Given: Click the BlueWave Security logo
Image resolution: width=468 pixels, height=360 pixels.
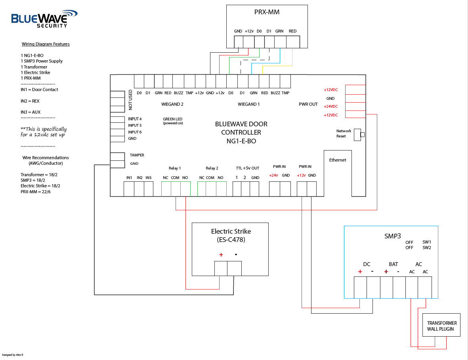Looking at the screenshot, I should (x=44, y=19).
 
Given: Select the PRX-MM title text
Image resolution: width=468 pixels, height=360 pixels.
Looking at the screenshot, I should (x=267, y=12).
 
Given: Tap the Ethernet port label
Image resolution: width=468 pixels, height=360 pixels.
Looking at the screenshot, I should (x=338, y=160).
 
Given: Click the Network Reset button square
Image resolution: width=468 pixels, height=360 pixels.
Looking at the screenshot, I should (x=362, y=135).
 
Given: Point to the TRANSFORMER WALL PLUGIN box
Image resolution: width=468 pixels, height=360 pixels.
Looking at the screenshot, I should (x=441, y=326).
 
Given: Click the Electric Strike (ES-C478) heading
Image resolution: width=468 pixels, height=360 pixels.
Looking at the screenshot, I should (x=231, y=235).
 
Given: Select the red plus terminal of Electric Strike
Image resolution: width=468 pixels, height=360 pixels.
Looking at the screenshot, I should (x=221, y=255).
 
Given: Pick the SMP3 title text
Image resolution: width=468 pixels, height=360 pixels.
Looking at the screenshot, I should (x=391, y=236).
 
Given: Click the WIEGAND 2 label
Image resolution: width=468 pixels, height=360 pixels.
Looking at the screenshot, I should (x=172, y=105).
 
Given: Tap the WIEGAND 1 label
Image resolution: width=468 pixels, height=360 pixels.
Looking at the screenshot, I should (x=248, y=105).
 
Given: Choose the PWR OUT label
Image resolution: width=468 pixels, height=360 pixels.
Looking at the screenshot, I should (x=308, y=105).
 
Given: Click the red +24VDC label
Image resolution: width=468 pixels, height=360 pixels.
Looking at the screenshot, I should (x=331, y=107).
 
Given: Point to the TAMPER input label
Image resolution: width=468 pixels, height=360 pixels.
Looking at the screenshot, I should (x=137, y=155).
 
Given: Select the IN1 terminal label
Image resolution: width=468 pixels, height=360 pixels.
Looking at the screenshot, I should (x=129, y=178).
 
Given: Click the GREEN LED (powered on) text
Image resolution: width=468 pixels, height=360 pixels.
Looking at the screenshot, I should (x=172, y=121).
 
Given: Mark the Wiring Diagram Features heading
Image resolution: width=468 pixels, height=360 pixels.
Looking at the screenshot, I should (x=46, y=44).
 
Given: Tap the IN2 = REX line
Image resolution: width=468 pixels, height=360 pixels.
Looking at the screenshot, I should (x=31, y=101).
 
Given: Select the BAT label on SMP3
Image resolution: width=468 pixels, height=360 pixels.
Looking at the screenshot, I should (x=393, y=264).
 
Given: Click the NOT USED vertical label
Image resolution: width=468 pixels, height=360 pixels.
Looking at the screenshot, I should (x=131, y=100).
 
